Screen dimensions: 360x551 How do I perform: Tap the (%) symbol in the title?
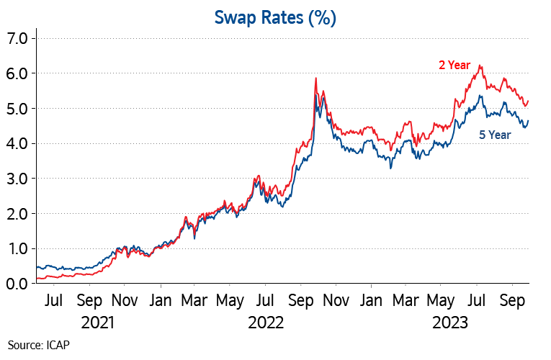point(322,18)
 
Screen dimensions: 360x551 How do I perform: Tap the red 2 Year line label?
point(454,65)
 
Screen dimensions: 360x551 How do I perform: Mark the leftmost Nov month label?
point(125,300)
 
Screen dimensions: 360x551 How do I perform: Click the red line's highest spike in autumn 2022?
point(316,78)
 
